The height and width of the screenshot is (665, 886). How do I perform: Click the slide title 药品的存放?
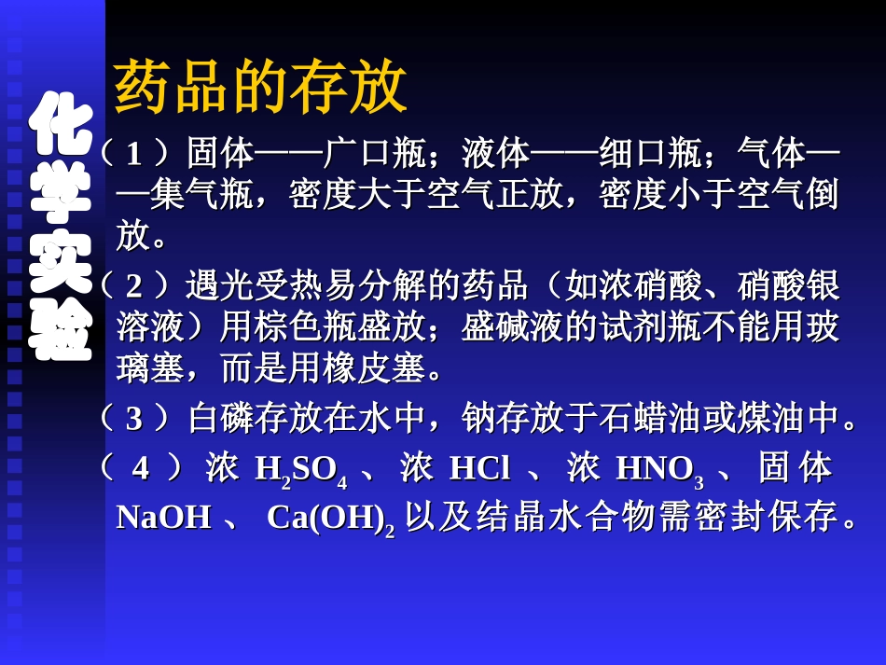point(260,89)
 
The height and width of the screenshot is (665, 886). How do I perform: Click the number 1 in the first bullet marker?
point(135,152)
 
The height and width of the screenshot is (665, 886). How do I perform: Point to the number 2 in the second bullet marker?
point(135,285)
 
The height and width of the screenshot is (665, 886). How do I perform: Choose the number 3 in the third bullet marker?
point(135,419)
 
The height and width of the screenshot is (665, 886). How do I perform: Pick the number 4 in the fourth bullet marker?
point(140,468)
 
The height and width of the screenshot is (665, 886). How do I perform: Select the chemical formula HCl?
point(479,468)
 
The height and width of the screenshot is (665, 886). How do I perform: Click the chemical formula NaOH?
point(164,517)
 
